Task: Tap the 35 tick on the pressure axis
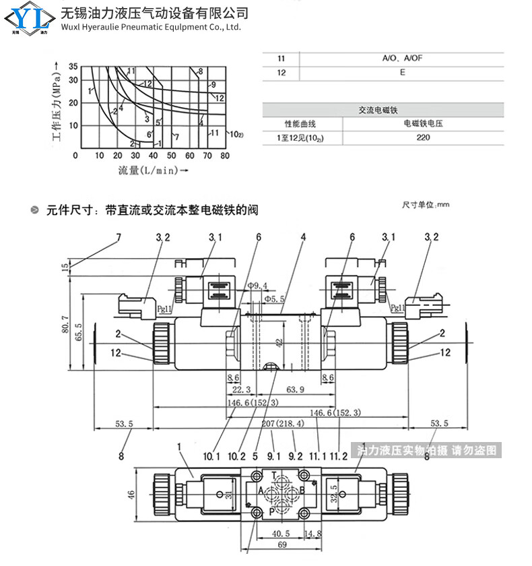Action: tap(73, 66)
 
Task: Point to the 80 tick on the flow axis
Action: tap(224, 156)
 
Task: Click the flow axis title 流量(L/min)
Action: tap(148, 170)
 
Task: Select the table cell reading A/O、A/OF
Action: tap(402, 59)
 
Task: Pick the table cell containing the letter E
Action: tap(402, 71)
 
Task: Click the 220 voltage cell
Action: tap(423, 137)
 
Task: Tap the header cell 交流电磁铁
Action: tap(383, 109)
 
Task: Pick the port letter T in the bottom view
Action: tap(273, 476)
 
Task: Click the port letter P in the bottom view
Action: tap(272, 511)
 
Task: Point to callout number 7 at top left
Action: tap(119, 237)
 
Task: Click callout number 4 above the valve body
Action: tap(304, 237)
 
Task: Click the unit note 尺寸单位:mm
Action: tap(426, 204)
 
